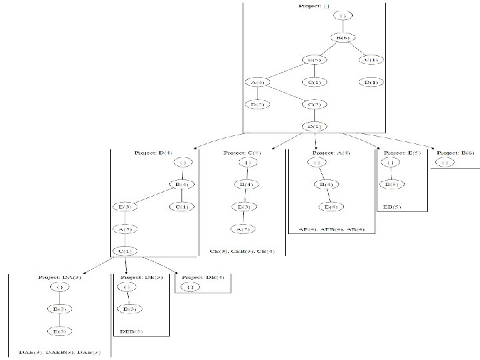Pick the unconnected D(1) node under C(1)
371,82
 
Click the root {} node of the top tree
343,15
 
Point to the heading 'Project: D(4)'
154,153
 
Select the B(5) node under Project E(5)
393,184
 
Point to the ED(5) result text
393,207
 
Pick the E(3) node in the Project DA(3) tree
60,331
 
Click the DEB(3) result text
131,331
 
